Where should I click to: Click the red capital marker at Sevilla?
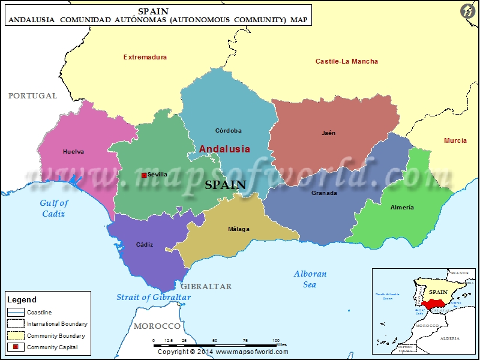coord(144,175)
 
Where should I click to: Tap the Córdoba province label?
coord(229,130)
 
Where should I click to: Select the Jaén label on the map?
coord(328,133)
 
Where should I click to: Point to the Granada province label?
coord(324,193)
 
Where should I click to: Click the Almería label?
coord(402,208)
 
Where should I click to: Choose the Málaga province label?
coord(239,229)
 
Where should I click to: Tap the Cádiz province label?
coord(145,245)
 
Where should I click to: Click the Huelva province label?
coord(73,152)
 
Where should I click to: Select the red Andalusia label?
coord(224,149)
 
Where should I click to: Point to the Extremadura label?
coord(145,58)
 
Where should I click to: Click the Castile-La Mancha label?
coord(347,61)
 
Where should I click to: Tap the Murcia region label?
coord(455,140)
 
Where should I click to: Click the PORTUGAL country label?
coord(32,95)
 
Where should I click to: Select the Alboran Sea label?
coord(310,279)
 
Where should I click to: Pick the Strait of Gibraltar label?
coord(153,297)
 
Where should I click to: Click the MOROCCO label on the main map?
coord(157,326)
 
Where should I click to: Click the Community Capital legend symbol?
coord(16,347)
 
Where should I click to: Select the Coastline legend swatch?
coord(16,313)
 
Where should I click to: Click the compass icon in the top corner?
coord(468,11)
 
